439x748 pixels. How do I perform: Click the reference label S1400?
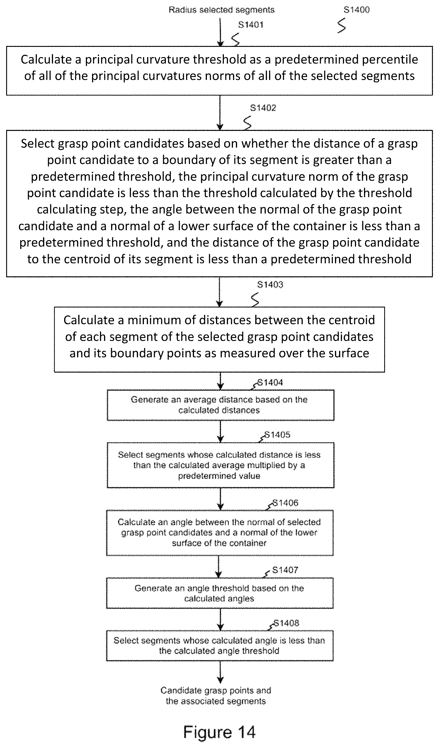point(356,10)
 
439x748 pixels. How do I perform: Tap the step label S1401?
point(251,25)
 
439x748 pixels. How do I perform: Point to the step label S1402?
point(263,108)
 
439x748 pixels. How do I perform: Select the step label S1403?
point(270,285)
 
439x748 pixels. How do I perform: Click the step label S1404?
point(270,382)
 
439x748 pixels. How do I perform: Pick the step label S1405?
point(278,435)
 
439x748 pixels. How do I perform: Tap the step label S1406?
point(285,503)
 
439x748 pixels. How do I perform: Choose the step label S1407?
point(285,570)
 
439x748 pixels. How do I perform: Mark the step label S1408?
point(286,623)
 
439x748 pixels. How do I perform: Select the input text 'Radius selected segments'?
point(222,10)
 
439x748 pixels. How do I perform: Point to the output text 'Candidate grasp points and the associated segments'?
point(216,696)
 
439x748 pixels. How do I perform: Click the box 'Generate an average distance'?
point(220,405)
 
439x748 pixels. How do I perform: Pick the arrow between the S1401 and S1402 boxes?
point(220,113)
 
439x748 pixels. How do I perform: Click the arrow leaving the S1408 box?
point(220,673)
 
